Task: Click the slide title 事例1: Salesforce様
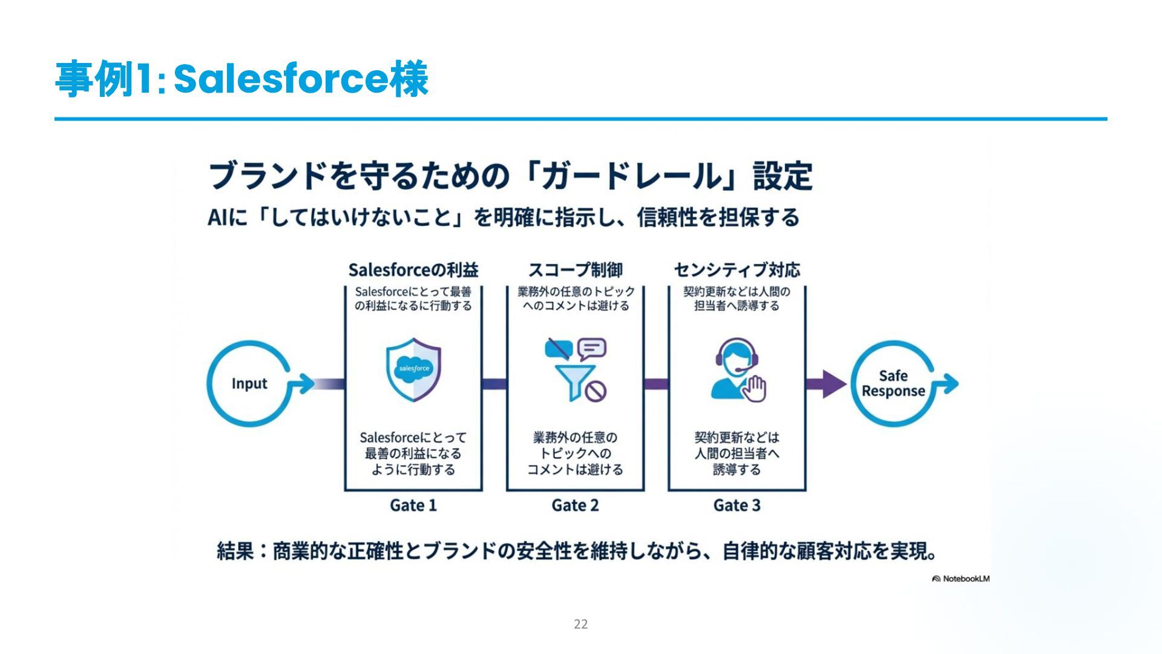[241, 79]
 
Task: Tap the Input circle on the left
[249, 384]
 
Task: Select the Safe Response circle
[893, 384]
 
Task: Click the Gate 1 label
[413, 505]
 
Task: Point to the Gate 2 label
[575, 505]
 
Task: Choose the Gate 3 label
[737, 505]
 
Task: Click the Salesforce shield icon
[413, 369]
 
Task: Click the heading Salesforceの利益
[413, 270]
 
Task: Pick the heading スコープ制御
[575, 270]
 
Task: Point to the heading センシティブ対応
[737, 270]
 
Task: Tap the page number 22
[581, 624]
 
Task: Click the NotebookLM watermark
[961, 579]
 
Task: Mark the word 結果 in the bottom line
[235, 551]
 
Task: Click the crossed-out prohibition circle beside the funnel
[597, 391]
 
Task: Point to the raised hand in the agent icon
[754, 388]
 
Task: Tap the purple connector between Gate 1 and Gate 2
[494, 384]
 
